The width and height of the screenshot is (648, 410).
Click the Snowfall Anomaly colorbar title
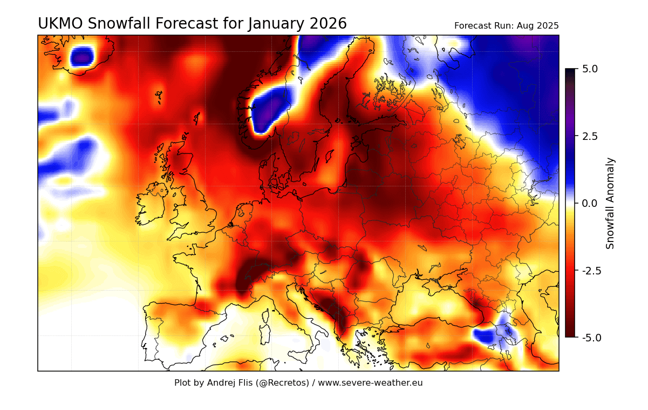click(610, 203)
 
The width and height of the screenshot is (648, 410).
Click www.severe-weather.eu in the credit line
click(370, 383)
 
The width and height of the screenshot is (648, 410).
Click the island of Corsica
click(266, 315)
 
